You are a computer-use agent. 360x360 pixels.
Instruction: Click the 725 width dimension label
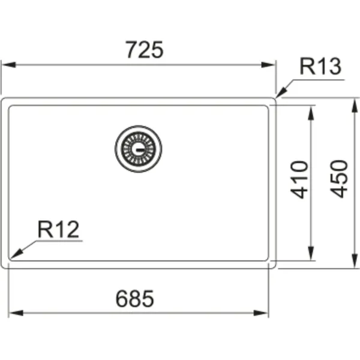tap(145, 50)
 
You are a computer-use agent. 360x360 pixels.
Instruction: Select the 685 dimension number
tap(135, 298)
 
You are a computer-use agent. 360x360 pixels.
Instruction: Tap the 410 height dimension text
tap(299, 179)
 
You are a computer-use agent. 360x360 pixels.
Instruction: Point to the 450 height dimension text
tap(339, 179)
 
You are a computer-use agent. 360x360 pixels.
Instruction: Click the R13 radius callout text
tap(320, 67)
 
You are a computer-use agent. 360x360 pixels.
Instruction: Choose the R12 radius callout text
tap(58, 229)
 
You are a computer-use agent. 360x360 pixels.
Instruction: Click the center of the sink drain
tap(139, 149)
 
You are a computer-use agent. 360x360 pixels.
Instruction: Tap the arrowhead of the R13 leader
tap(281, 93)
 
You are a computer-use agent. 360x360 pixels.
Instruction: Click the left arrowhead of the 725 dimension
tap(8, 65)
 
